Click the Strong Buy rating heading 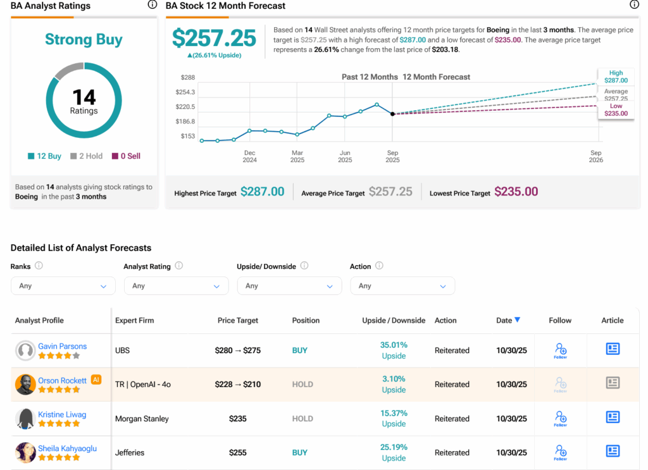[84, 39]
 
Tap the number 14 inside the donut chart [84, 97]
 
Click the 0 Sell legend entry [127, 156]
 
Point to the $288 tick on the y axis [187, 77]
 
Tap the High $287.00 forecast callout [616, 77]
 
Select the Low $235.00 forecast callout [616, 110]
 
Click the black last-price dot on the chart [392, 114]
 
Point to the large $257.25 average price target [214, 39]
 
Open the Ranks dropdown [63, 286]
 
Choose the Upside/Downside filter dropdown [289, 286]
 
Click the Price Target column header [238, 321]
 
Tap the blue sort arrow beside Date [518, 320]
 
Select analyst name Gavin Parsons [62, 347]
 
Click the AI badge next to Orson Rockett [96, 380]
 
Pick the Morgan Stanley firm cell [142, 419]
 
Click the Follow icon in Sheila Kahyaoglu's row [560, 452]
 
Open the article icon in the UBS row [613, 349]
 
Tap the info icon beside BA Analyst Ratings [152, 5]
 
